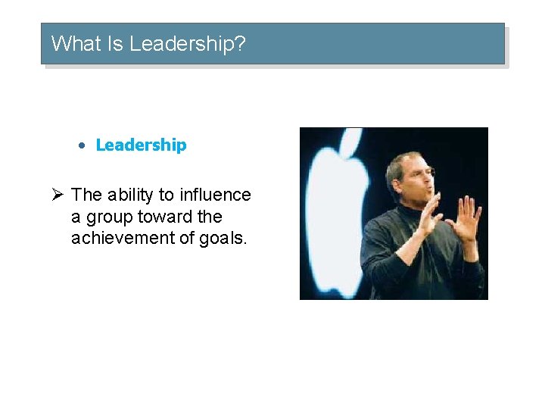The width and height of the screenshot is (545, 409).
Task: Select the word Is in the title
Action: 116,44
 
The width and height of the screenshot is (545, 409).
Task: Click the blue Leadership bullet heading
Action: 141,145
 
